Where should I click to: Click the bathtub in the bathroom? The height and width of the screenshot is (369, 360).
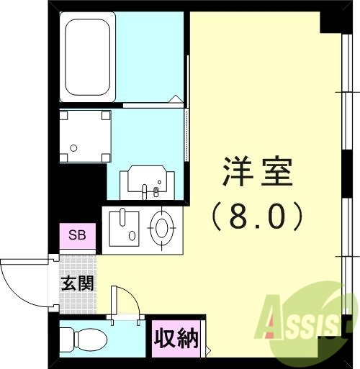pos(88,58)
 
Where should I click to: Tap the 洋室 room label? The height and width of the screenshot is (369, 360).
pos(258,172)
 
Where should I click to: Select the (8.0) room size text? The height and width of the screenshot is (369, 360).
pos(257,217)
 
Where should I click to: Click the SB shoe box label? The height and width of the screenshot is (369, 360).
pos(77,235)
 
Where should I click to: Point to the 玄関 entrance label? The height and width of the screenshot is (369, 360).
pos(77,283)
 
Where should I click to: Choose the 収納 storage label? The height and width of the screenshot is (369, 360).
pos(176,339)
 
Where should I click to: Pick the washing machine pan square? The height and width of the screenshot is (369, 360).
pos(85,136)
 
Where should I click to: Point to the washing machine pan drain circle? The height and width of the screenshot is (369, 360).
pos(73,148)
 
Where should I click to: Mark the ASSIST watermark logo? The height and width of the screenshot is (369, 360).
pos(304,322)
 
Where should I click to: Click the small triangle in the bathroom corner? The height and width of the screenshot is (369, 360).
pos(176,99)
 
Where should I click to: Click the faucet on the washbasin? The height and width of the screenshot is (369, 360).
pos(144,192)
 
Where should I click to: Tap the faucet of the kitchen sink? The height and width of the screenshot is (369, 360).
pos(122,217)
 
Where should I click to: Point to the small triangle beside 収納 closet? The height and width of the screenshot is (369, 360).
pos(208,351)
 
